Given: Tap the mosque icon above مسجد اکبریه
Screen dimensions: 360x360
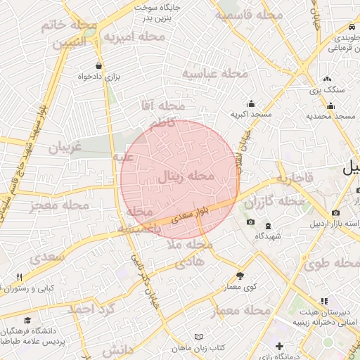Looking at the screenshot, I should [x=251, y=103].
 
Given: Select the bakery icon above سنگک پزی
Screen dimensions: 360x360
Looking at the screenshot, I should [x=327, y=79].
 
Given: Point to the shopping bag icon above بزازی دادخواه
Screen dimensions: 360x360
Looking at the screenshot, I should [x=98, y=66].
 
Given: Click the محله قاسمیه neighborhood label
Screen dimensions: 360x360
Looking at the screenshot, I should [x=249, y=15].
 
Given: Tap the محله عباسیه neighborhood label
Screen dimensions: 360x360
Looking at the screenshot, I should [x=215, y=73].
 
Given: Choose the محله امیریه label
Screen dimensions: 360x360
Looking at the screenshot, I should [x=139, y=36].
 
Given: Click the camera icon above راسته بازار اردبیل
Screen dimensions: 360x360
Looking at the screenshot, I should [x=335, y=212].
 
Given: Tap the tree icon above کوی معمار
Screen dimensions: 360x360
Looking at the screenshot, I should [x=240, y=276].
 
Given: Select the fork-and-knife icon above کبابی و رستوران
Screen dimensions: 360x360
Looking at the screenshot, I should [x=19, y=277].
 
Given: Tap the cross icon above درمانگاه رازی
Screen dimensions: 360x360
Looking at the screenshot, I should [x=280, y=346].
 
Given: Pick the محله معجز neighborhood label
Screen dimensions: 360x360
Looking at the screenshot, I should [x=60, y=206].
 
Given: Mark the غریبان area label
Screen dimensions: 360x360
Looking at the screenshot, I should [x=65, y=148].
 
